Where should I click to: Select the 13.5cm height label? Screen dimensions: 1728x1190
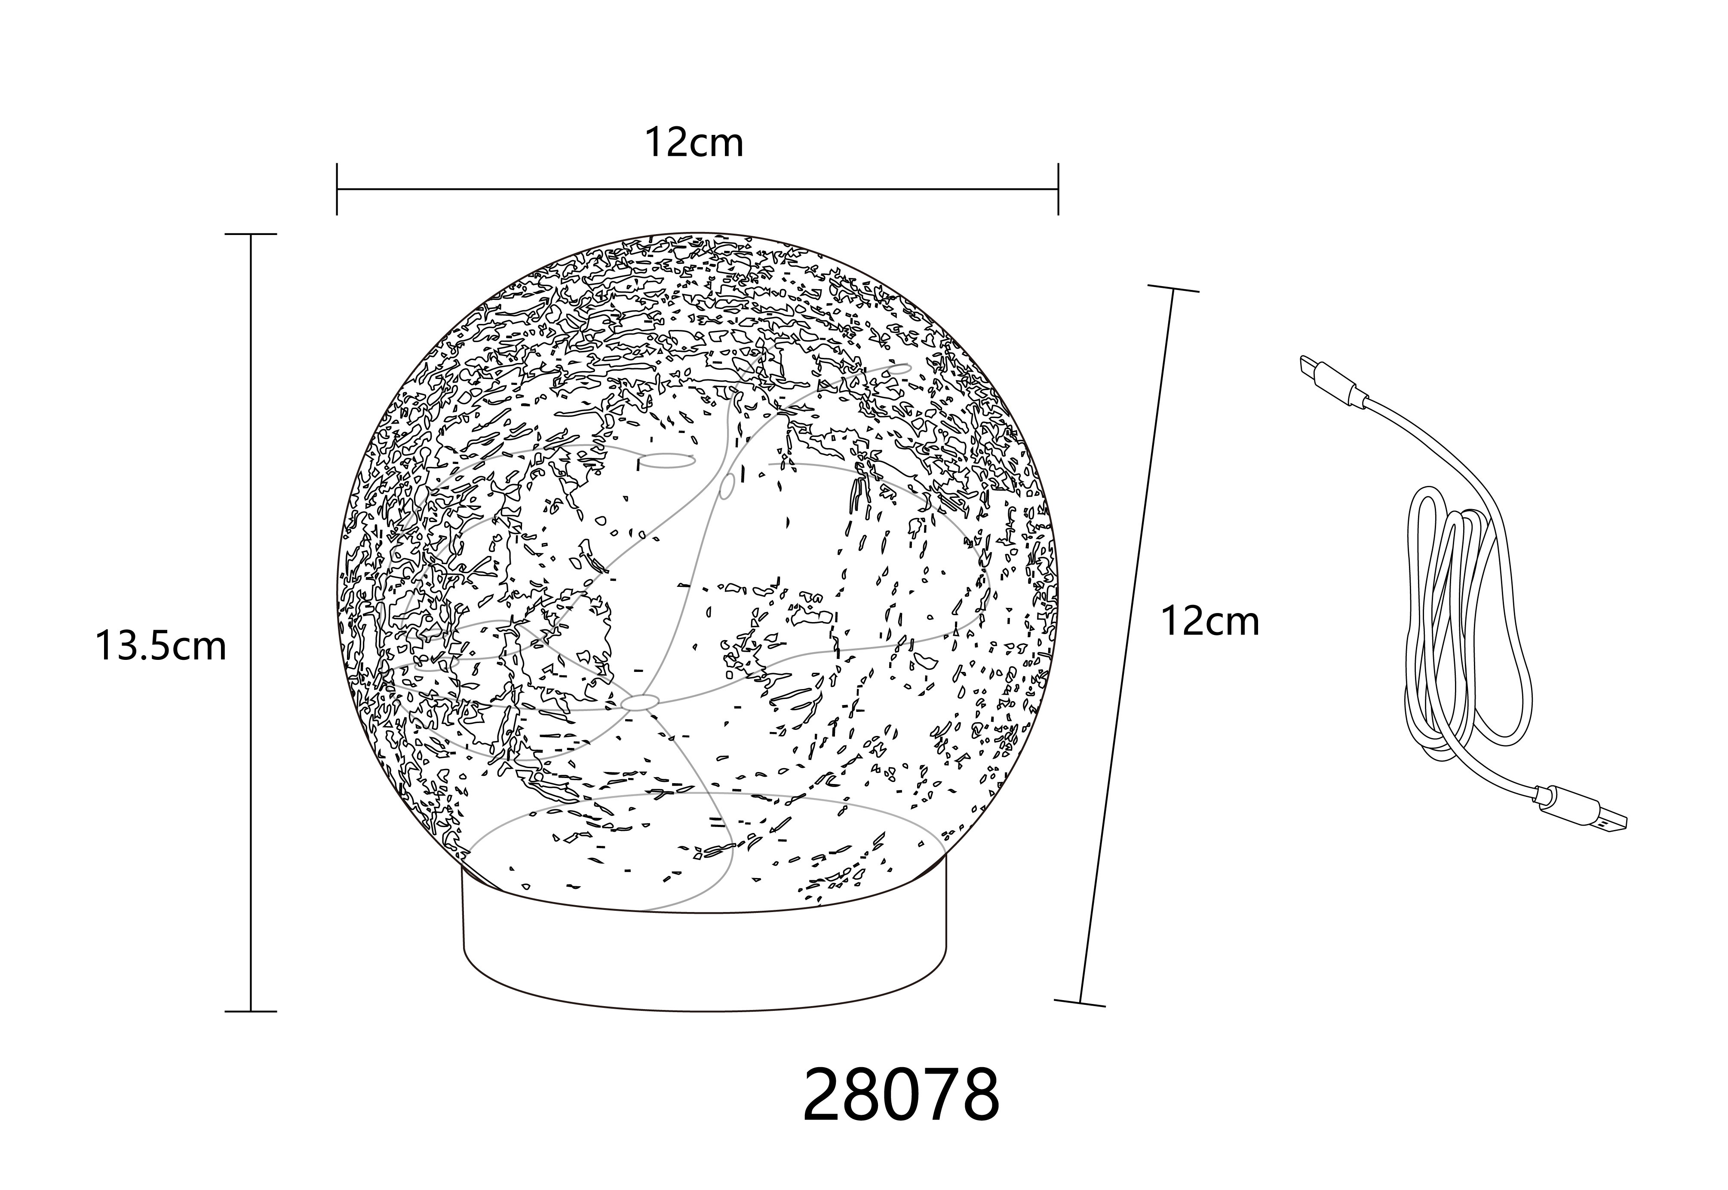click(160, 646)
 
